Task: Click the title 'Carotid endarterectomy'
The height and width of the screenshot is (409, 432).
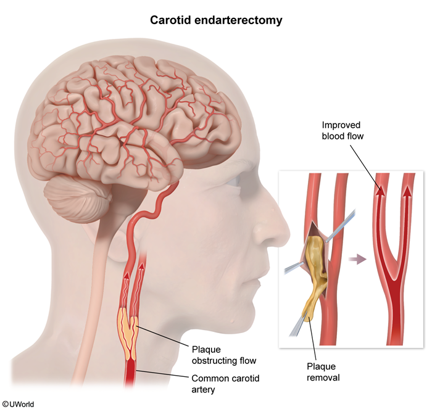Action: tap(216, 20)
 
